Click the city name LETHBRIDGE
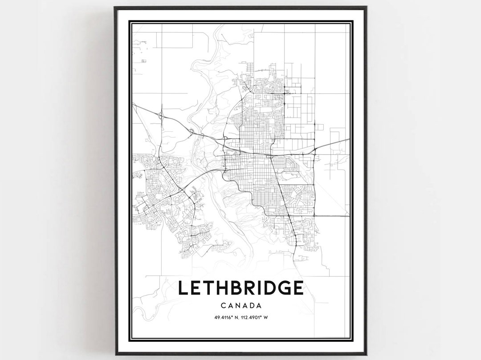tap(240, 288)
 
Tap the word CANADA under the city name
tap(240, 306)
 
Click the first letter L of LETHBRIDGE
tap(183, 288)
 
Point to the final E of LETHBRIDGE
tap(297, 288)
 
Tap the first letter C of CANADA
tap(223, 306)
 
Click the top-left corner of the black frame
tap(115, 7)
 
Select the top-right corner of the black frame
tap(366, 7)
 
